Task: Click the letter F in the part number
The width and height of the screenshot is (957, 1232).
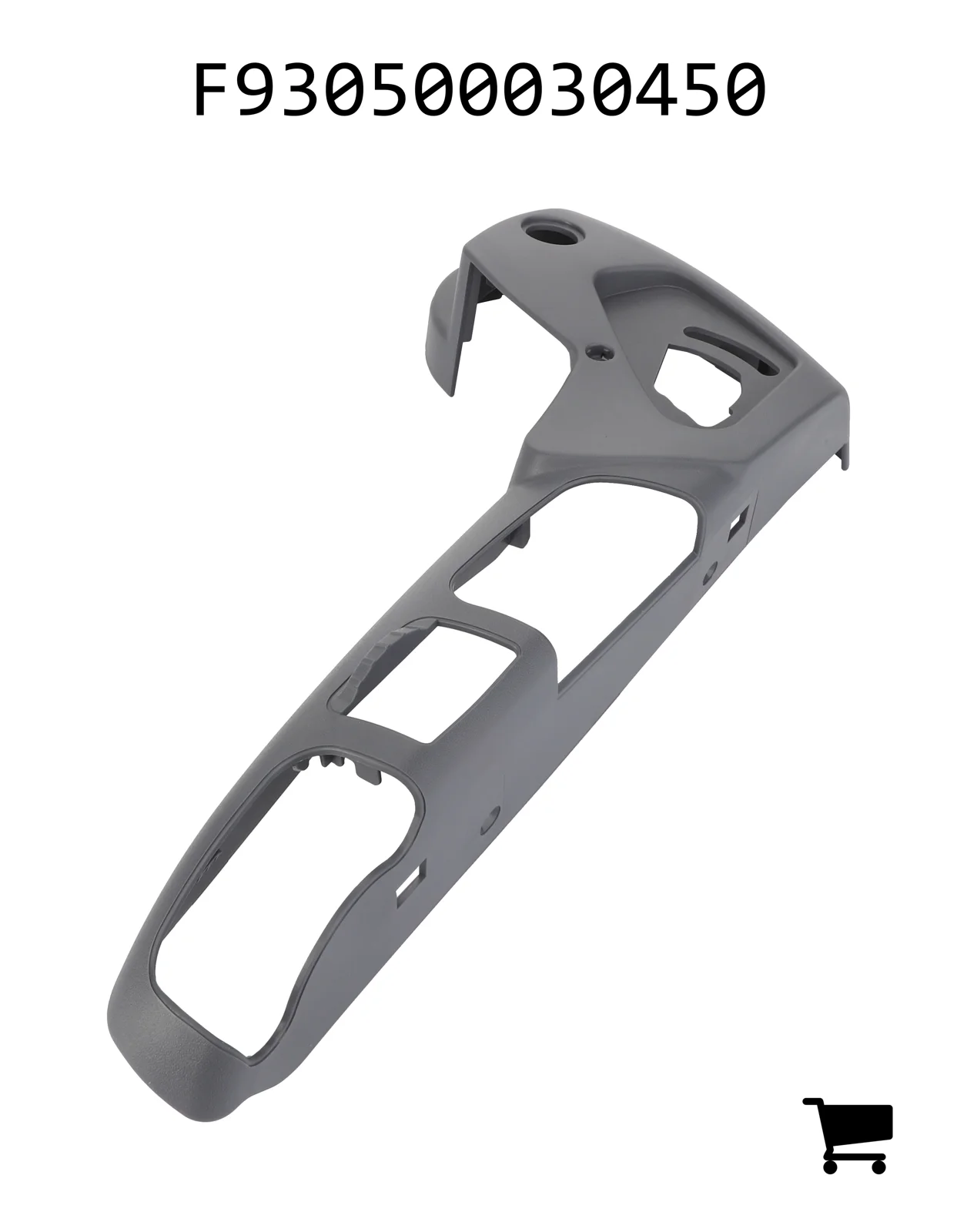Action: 211,89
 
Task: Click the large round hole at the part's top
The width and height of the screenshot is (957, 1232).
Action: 549,233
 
